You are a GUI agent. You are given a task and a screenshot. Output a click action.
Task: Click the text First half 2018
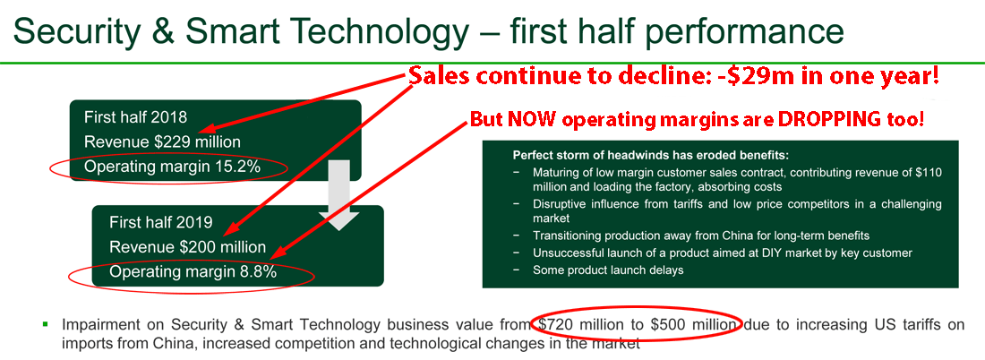pyautogui.click(x=135, y=117)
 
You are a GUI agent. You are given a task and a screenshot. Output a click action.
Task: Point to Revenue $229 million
pyautogui.click(x=162, y=142)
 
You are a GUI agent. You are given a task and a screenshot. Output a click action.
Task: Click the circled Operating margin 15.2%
pyautogui.click(x=172, y=167)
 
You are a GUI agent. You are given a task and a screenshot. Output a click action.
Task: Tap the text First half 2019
pyautogui.click(x=161, y=222)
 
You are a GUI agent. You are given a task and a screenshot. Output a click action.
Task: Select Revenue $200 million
pyautogui.click(x=188, y=247)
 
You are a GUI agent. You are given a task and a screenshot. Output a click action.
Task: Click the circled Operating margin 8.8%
pyautogui.click(x=193, y=272)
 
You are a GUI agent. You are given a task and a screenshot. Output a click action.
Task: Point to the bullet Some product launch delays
pyautogui.click(x=607, y=270)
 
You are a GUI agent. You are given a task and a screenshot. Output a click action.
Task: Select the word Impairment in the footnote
pyautogui.click(x=98, y=325)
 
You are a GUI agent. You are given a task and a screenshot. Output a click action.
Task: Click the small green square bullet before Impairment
pyautogui.click(x=46, y=324)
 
